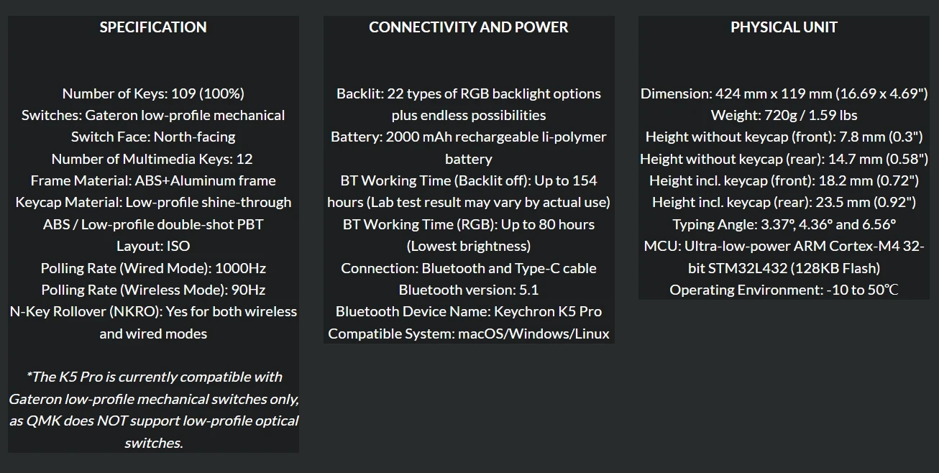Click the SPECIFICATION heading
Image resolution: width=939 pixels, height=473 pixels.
coord(153,27)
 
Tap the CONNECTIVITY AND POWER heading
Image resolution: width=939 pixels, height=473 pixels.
coord(468,27)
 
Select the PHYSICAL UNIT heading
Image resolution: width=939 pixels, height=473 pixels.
coord(784,27)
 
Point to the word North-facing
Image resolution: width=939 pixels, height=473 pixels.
coord(194,137)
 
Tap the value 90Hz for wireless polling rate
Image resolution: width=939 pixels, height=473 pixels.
coord(248,290)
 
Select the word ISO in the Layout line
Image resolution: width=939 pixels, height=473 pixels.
coord(178,246)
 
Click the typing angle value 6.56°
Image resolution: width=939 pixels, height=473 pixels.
coord(876,224)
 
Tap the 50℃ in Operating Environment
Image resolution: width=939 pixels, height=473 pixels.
coord(884,290)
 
